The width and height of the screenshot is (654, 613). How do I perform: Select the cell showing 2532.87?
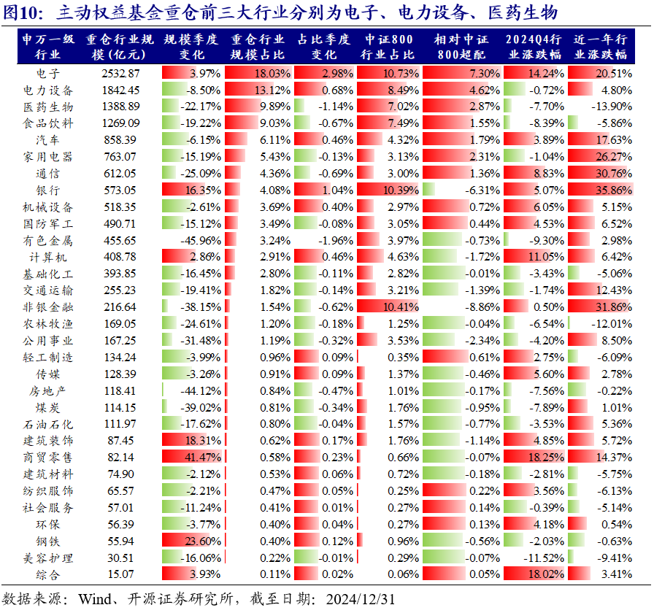pyautogui.click(x=120, y=73)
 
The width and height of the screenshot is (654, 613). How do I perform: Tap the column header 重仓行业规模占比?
pyautogui.click(x=258, y=47)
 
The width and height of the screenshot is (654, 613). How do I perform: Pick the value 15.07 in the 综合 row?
pyautogui.click(x=120, y=574)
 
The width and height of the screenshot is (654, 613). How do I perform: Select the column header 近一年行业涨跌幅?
pyautogui.click(x=600, y=47)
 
